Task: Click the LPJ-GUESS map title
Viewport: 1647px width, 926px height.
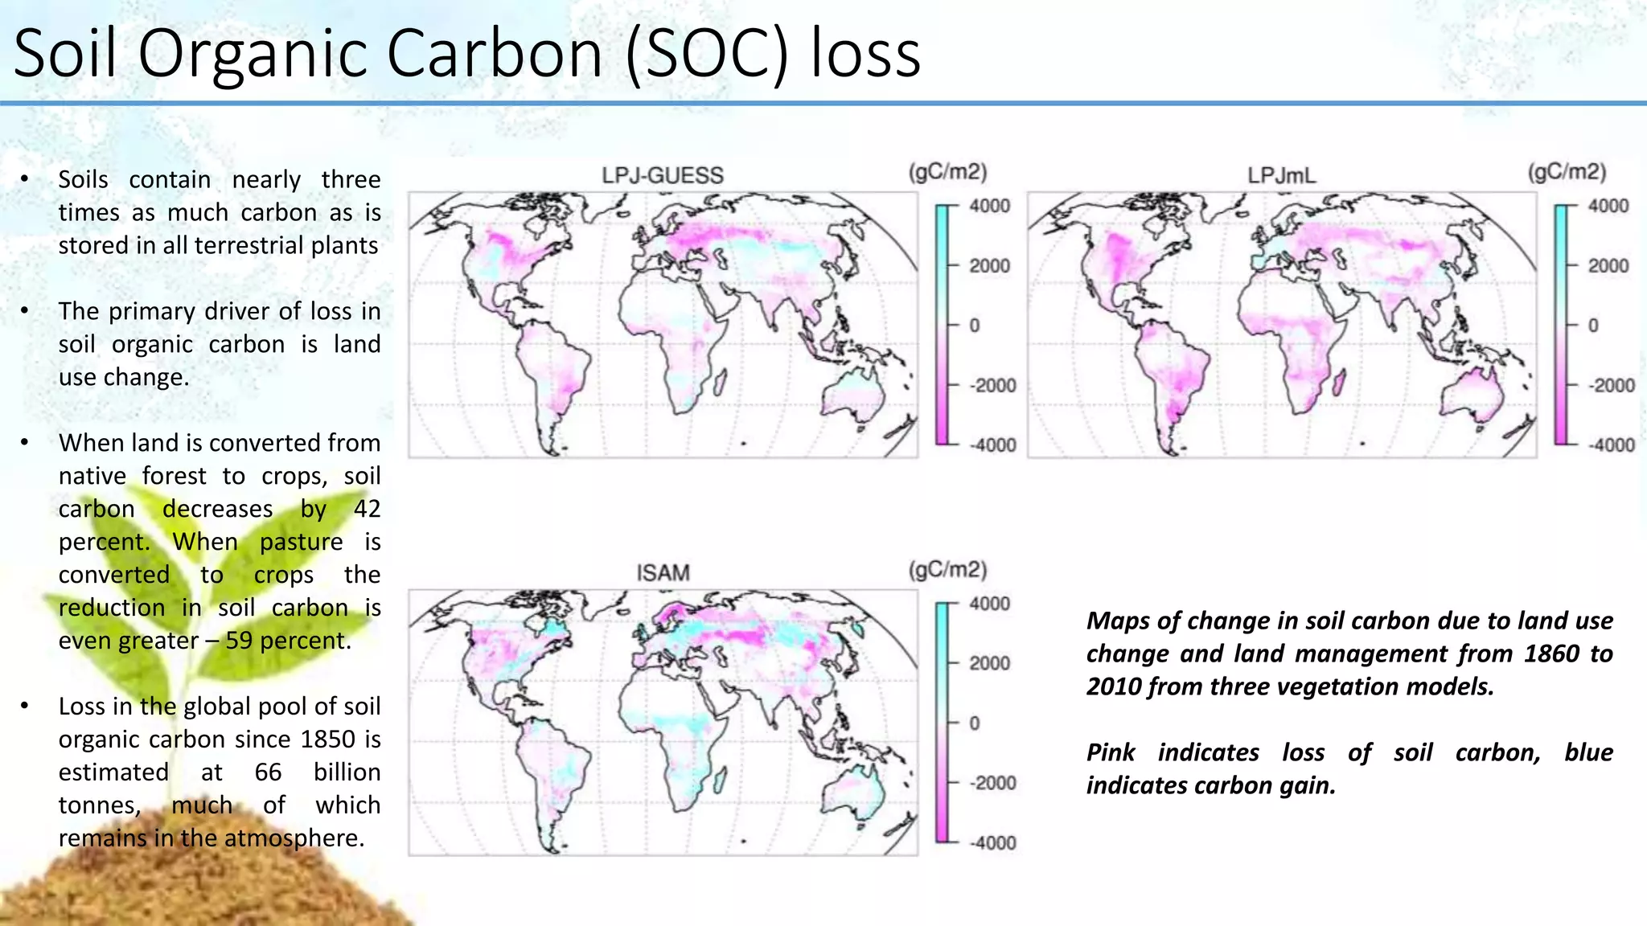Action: (x=663, y=175)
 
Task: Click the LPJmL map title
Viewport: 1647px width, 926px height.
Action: (x=1282, y=175)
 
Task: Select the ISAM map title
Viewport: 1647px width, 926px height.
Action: (x=663, y=573)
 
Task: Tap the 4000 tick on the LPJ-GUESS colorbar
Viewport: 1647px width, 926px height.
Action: (x=989, y=206)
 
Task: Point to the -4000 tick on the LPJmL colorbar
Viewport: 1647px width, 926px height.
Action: (x=1612, y=445)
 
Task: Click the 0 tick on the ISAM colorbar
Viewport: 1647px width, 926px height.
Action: (x=974, y=723)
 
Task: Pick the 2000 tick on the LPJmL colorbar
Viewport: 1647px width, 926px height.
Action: (x=1608, y=266)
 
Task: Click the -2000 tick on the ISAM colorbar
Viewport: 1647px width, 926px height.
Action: (x=992, y=783)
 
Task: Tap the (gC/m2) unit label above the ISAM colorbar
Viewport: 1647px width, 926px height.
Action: (x=947, y=570)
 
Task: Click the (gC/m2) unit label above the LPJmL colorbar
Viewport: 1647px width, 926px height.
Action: (x=1567, y=172)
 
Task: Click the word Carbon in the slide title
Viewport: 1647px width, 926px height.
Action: (x=494, y=54)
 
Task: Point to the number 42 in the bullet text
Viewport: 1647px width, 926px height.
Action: (x=367, y=509)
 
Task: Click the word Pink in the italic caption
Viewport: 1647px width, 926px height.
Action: (x=1110, y=752)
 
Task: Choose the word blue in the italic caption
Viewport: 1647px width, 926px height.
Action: (x=1588, y=752)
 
